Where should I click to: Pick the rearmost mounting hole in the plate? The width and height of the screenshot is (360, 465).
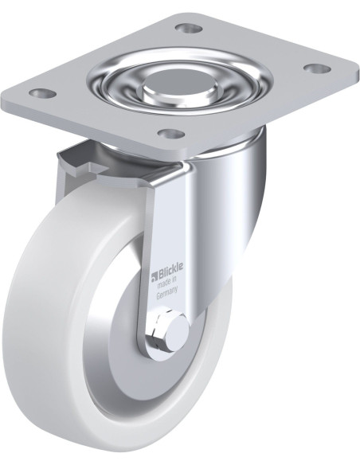(190, 29)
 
